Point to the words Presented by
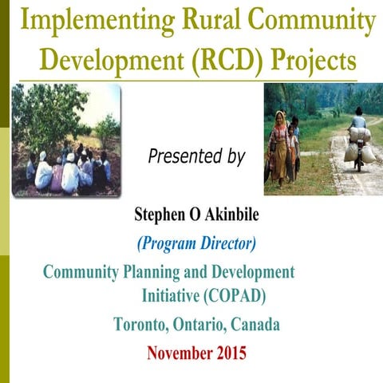[197, 156]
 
